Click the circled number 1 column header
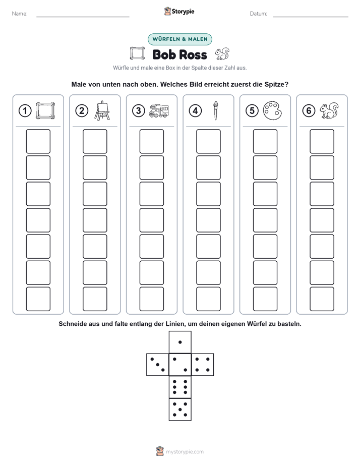coord(25,111)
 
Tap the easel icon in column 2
coord(102,110)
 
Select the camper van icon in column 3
coord(159,111)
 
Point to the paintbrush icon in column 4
coord(215,110)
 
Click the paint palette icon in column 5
coord(272,111)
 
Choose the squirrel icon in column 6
coord(329,111)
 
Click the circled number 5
coord(252,111)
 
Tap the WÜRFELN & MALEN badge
coord(180,39)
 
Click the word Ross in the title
coord(193,54)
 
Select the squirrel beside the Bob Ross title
coord(222,54)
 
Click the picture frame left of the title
coord(137,53)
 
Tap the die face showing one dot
coord(180,342)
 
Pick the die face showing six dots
coord(180,387)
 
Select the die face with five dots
coord(180,410)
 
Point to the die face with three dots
coord(158,365)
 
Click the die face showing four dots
coord(203,365)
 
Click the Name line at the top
coord(83,17)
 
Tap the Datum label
coord(259,14)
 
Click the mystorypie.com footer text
coord(185,452)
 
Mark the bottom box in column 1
coord(38,299)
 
